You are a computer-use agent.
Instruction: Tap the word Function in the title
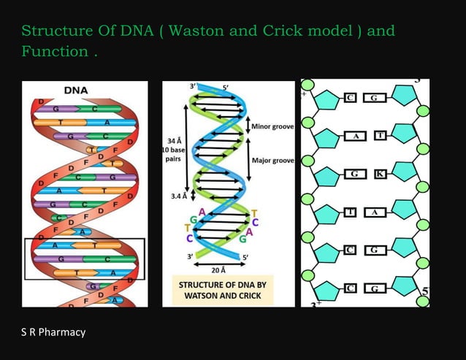(x=55, y=52)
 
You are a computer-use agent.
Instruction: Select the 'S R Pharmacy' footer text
(x=53, y=332)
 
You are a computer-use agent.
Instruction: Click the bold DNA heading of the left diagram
(x=77, y=91)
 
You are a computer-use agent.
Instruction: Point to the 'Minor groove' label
(x=272, y=126)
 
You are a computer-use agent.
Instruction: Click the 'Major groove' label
(x=272, y=159)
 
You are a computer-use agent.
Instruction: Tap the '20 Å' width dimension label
(x=217, y=269)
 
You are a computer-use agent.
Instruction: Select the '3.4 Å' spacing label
(x=178, y=196)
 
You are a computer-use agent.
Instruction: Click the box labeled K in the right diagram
(x=379, y=175)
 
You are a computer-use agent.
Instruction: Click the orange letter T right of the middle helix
(x=253, y=212)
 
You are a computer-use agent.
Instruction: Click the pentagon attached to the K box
(x=402, y=175)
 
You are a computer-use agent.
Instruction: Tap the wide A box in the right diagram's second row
(x=355, y=136)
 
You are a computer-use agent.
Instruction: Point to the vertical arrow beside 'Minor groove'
(x=248, y=126)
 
